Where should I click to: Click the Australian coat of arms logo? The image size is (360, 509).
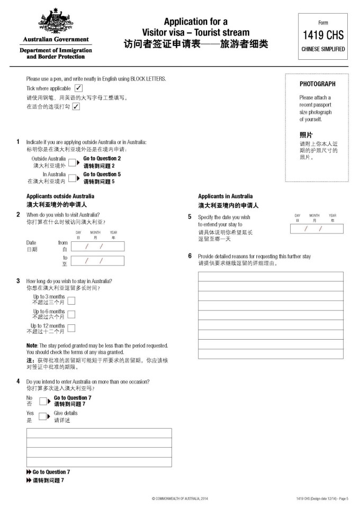click(x=55, y=23)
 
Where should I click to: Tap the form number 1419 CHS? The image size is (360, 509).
click(x=323, y=35)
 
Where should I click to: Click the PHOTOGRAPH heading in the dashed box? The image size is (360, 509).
click(x=317, y=84)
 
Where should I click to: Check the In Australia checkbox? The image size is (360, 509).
click(x=73, y=178)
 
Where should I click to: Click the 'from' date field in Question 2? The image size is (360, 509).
click(x=97, y=246)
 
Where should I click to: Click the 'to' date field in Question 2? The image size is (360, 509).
click(x=97, y=261)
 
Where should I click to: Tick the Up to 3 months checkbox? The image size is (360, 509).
click(x=71, y=300)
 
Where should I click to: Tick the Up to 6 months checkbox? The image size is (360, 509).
click(x=71, y=314)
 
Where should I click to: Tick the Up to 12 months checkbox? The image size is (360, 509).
click(x=71, y=329)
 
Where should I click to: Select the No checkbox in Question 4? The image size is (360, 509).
click(x=43, y=401)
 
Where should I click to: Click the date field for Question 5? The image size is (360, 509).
click(x=317, y=229)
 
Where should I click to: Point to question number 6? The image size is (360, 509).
click(x=190, y=256)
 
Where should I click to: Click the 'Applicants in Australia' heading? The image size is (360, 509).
click(x=226, y=196)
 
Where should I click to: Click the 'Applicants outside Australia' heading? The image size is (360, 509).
click(x=60, y=196)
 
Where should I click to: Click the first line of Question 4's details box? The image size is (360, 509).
click(x=99, y=433)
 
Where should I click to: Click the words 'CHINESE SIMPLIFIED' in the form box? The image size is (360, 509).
click(x=323, y=49)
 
